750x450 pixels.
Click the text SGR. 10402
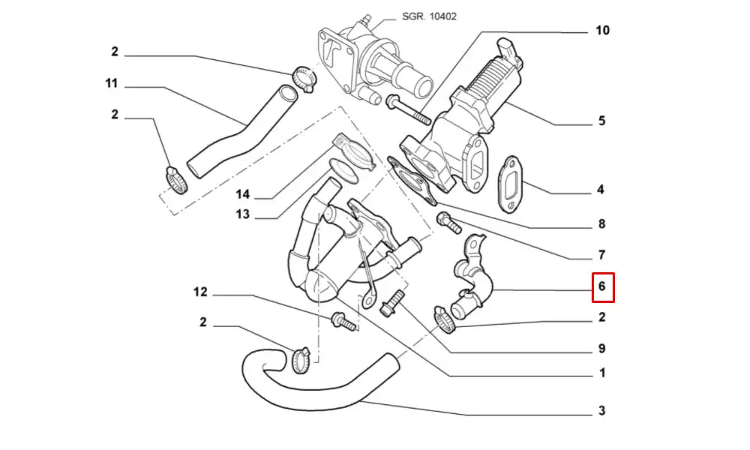click(x=430, y=16)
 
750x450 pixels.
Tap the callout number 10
click(x=602, y=31)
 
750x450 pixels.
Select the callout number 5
click(x=601, y=121)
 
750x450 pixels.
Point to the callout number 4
click(x=601, y=190)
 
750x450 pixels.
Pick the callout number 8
click(x=601, y=223)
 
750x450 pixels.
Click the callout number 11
click(x=111, y=84)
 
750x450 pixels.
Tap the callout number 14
click(x=242, y=195)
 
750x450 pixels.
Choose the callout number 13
click(x=241, y=215)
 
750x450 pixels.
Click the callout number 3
click(x=601, y=411)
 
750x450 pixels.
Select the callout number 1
click(x=602, y=373)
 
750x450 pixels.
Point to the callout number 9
click(x=601, y=349)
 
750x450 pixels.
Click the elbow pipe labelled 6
click(x=474, y=281)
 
